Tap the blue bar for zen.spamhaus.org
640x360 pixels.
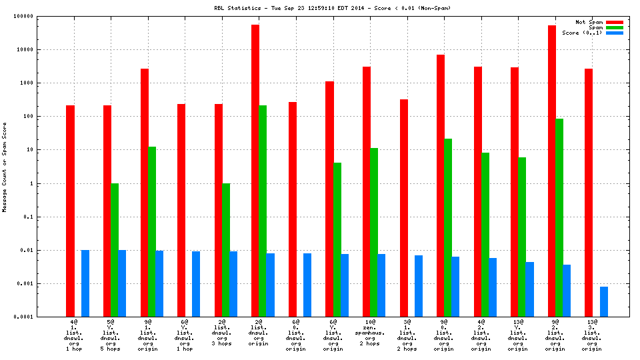(x=381, y=285)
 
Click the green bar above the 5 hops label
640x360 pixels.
(x=115, y=250)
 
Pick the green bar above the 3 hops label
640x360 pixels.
(x=226, y=250)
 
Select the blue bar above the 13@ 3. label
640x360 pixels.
(x=604, y=301)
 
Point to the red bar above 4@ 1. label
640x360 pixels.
(x=70, y=211)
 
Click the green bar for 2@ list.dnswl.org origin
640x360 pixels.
(x=263, y=211)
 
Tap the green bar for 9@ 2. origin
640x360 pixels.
(x=559, y=217)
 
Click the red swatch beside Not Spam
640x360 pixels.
(x=614, y=22)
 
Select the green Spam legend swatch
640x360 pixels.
(x=614, y=27)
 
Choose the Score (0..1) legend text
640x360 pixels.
(x=582, y=33)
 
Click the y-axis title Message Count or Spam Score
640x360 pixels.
(x=5, y=167)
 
